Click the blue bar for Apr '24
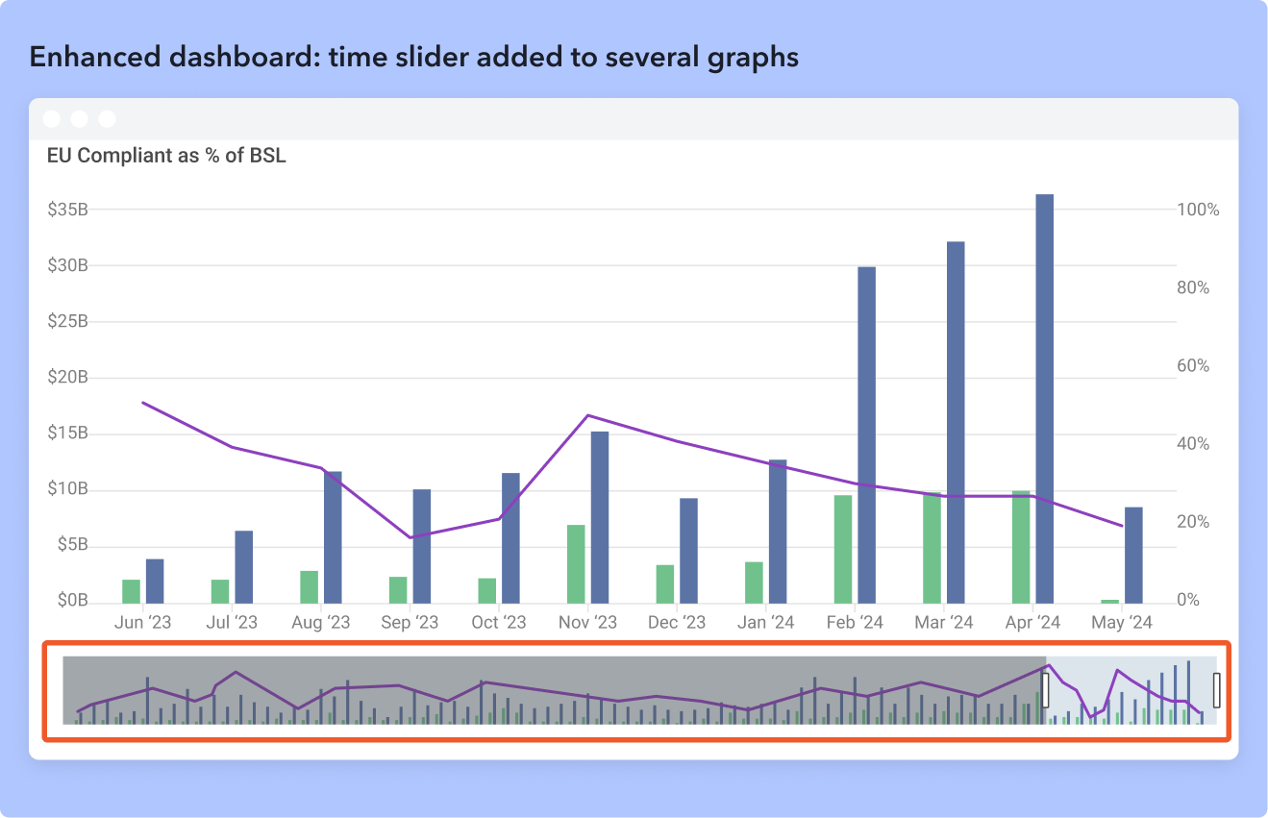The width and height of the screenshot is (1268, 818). pos(1044,399)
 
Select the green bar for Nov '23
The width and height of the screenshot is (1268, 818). pos(576,564)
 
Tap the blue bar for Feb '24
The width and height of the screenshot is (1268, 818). pos(867,434)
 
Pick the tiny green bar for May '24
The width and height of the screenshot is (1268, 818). pos(1109,602)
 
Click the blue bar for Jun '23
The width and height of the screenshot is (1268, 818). pos(155,581)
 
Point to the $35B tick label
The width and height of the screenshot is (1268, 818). pos(67,210)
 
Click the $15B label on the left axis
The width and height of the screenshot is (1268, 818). pos(67,434)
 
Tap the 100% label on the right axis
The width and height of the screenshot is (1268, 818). pos(1198,210)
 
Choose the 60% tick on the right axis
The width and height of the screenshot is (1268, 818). pos(1193,366)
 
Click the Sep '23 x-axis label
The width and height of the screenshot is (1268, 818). pos(410,623)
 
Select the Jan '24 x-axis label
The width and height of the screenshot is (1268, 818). pos(765,623)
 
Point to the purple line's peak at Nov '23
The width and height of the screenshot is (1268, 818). pos(587,415)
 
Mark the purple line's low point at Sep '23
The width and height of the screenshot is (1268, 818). pos(410,537)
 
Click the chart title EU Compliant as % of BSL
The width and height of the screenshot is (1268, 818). pos(166,156)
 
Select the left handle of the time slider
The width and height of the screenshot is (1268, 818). pos(1046,690)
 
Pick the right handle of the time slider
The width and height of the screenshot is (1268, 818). pos(1217,690)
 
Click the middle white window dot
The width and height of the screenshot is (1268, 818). pos(80,119)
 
